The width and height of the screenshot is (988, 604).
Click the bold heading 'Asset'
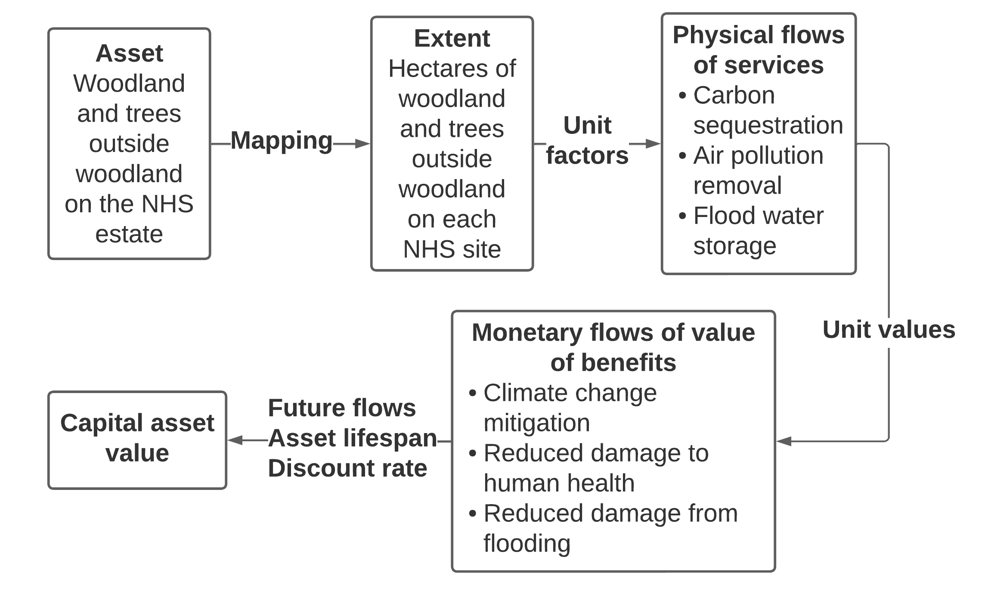(x=129, y=53)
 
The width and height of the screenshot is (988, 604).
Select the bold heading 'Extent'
(x=452, y=38)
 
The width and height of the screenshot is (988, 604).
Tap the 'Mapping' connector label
(x=282, y=140)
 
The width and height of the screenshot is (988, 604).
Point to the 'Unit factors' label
(x=587, y=140)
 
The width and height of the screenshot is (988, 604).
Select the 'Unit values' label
(x=889, y=330)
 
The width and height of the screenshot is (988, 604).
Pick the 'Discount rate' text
(x=347, y=468)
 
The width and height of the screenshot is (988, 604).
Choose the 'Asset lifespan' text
(x=352, y=438)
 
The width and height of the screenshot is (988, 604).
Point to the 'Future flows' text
(x=342, y=408)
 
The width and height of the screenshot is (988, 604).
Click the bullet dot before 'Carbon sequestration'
(x=682, y=96)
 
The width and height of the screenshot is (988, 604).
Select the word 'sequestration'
(x=768, y=125)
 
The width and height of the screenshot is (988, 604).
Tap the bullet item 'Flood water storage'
(x=758, y=231)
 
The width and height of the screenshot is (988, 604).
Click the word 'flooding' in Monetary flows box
(x=527, y=543)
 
